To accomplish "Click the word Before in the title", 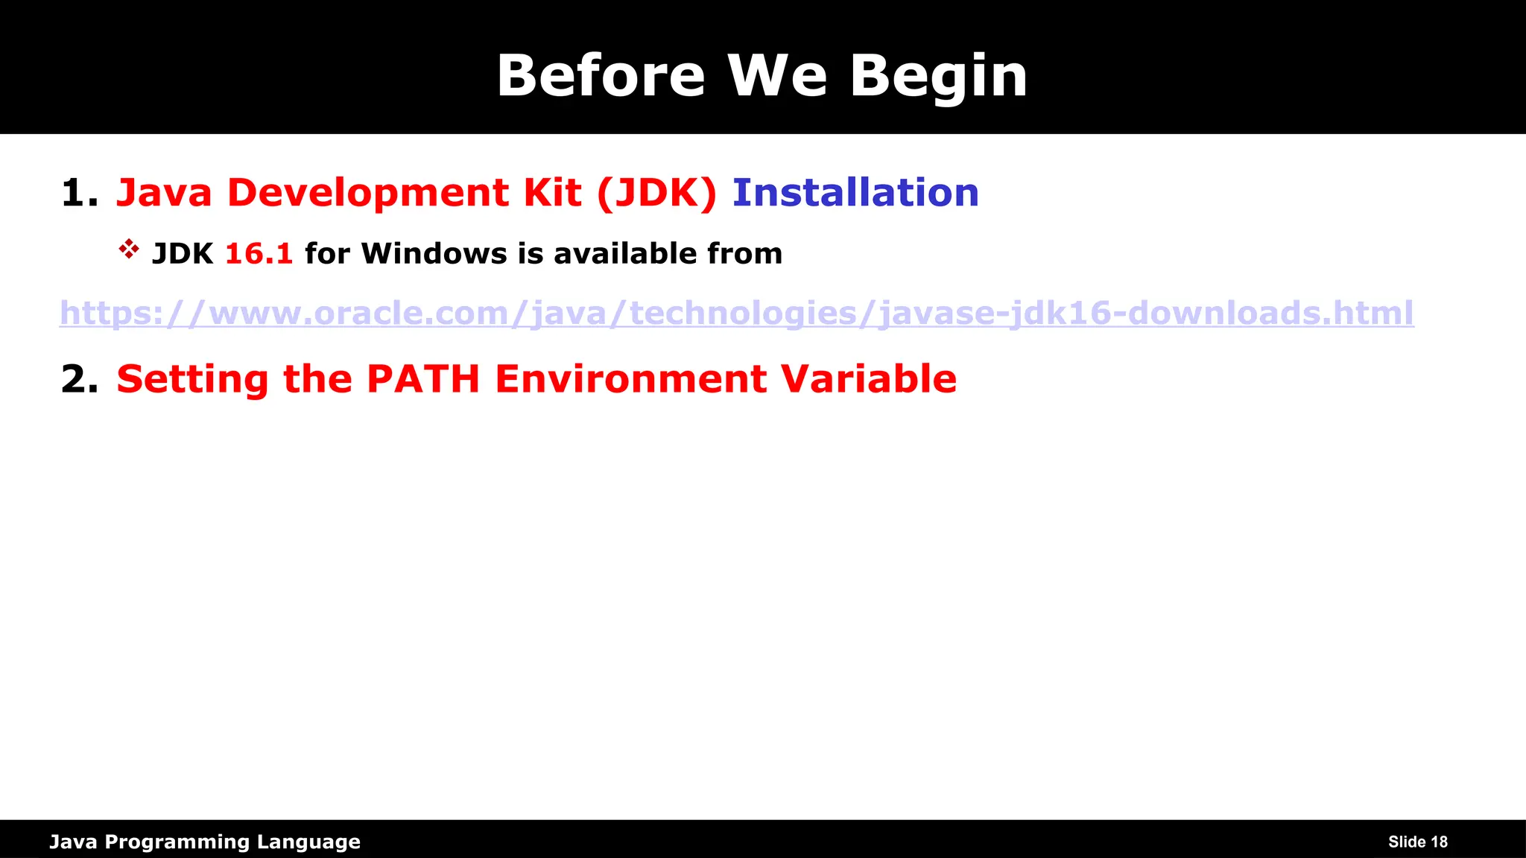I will pyautogui.click(x=601, y=76).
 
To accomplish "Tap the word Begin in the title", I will pyautogui.click(x=938, y=76).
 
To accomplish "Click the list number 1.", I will pyautogui.click(x=78, y=193).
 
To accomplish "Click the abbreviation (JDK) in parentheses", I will pyautogui.click(x=656, y=193).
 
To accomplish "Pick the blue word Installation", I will pyautogui.click(x=855, y=193).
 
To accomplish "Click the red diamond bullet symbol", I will pyautogui.click(x=129, y=250).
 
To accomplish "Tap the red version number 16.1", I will pyautogui.click(x=259, y=254).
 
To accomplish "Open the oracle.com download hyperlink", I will pyautogui.click(x=736, y=314).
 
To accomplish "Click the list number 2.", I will pyautogui.click(x=78, y=379).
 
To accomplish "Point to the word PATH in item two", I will pyautogui.click(x=422, y=379).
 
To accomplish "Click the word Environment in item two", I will pyautogui.click(x=630, y=379).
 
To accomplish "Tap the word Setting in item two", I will pyautogui.click(x=192, y=379).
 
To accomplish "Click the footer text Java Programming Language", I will pyautogui.click(x=205, y=842).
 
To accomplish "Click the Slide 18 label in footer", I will pyautogui.click(x=1417, y=842).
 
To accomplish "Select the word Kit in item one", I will pyautogui.click(x=551, y=193).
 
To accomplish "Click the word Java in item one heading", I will pyautogui.click(x=164, y=193).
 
